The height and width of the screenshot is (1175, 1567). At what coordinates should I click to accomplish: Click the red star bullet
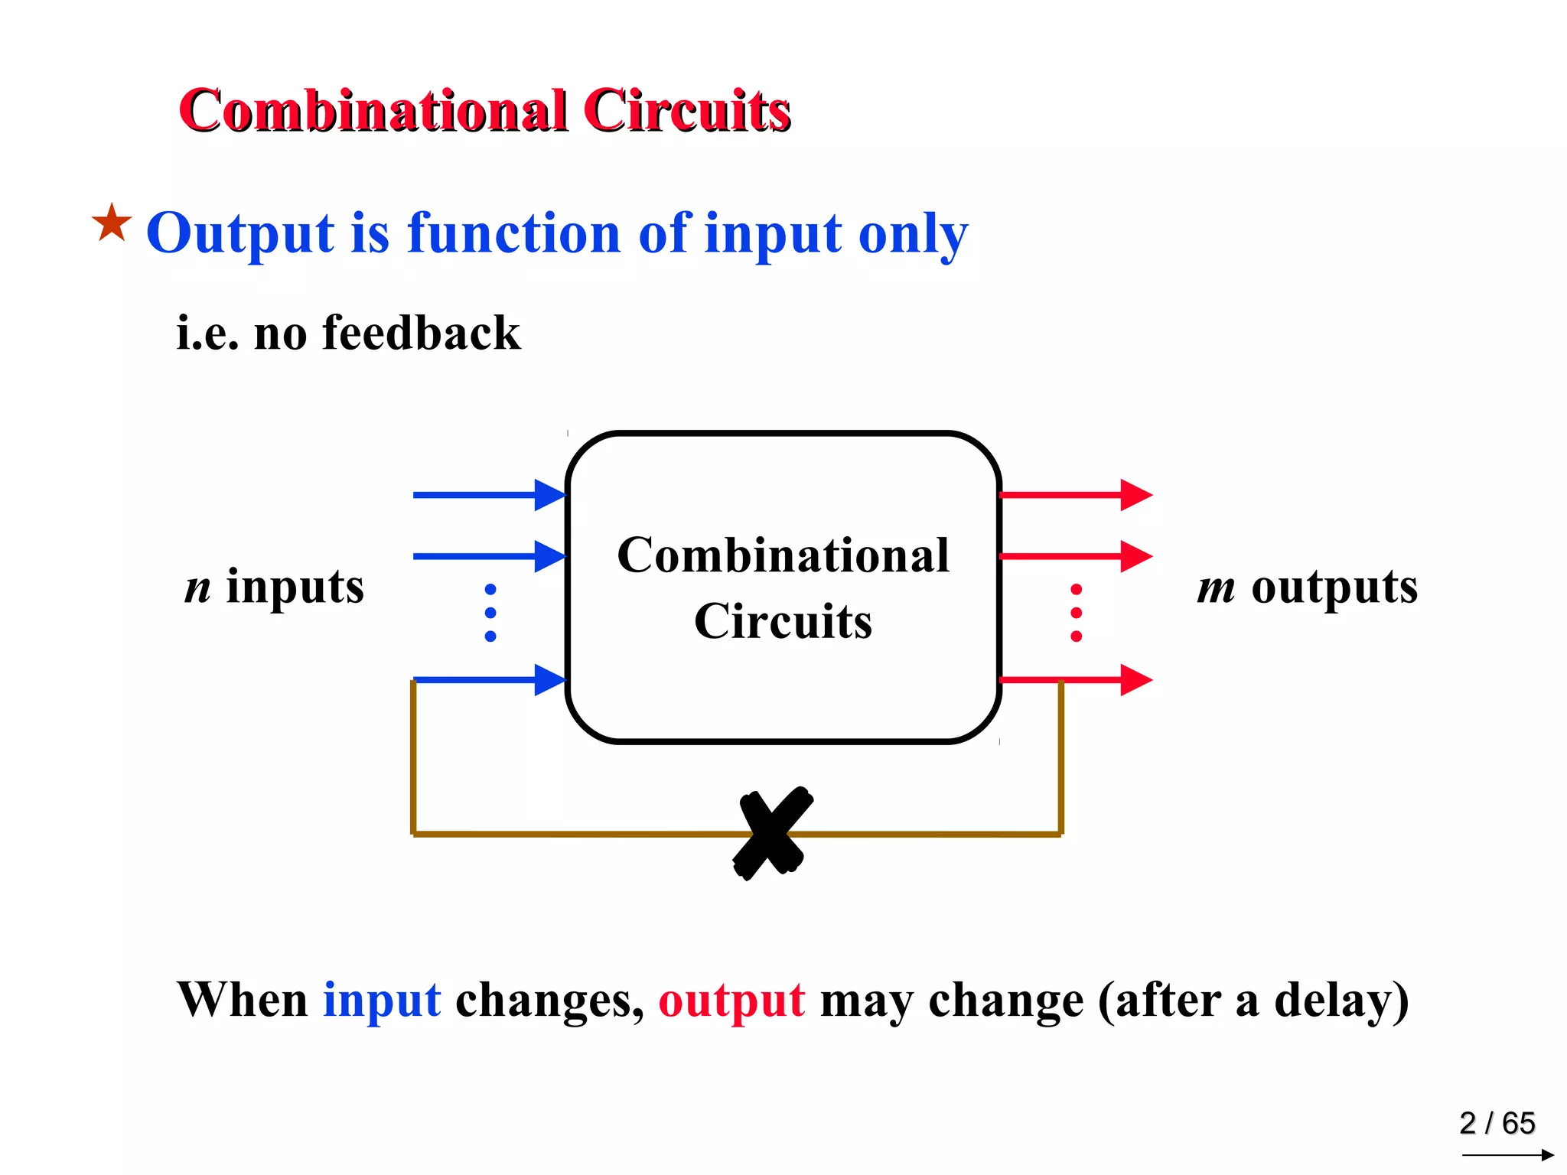tap(112, 223)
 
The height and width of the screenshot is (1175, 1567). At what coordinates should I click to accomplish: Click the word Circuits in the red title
tap(686, 110)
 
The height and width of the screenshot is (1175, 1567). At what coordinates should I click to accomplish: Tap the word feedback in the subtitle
tap(421, 334)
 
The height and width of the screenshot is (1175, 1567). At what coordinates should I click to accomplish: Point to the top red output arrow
tap(1075, 495)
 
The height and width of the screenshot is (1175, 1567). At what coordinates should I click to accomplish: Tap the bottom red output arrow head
tap(1136, 679)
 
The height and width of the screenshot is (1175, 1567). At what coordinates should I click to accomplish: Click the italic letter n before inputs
tap(197, 587)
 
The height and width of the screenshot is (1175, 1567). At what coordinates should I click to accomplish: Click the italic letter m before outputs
tap(1216, 587)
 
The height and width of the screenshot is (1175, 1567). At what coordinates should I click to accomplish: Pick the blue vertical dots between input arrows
tap(490, 613)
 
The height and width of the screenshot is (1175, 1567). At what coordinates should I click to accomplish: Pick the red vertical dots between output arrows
tap(1076, 613)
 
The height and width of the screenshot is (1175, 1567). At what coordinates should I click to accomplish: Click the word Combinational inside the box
tap(783, 555)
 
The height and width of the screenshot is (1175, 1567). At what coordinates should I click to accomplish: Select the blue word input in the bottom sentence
tap(382, 999)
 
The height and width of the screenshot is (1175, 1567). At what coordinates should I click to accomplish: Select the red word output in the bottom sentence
tap(731, 999)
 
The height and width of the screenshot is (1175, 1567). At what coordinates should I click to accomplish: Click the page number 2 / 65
tap(1497, 1123)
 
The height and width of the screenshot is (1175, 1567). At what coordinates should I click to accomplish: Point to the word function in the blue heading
tap(513, 233)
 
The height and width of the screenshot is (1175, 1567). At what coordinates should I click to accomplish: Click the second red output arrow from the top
tap(1075, 556)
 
